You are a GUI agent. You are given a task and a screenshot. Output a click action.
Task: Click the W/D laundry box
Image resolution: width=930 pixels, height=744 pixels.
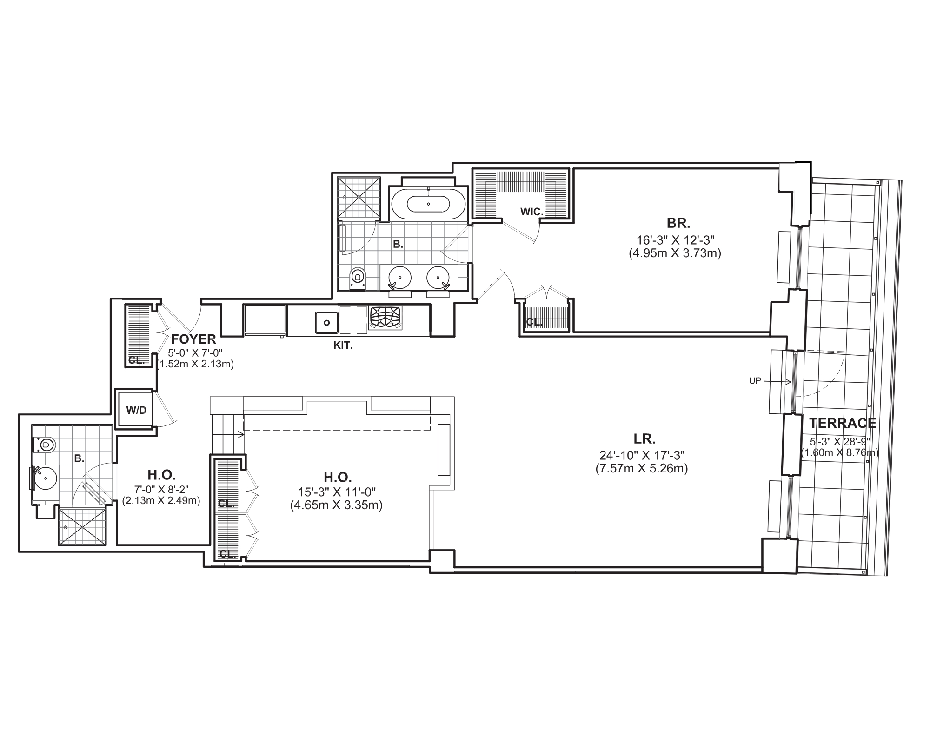pos(136,410)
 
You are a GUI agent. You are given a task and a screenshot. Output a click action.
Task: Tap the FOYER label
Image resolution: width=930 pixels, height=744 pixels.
pos(193,339)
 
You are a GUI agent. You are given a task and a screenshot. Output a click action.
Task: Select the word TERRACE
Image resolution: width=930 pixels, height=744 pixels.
pos(843,423)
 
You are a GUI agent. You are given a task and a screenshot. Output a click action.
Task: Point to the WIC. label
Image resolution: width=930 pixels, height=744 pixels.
pos(531,212)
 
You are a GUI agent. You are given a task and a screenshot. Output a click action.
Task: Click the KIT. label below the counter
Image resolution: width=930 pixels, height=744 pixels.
pos(343,346)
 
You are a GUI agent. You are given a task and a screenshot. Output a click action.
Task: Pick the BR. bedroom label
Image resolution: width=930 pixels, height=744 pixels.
pos(678,223)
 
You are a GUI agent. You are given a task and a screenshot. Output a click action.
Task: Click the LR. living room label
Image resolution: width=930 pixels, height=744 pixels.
pos(644,438)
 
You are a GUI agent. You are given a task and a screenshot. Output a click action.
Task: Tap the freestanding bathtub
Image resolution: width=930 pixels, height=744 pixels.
pos(428,204)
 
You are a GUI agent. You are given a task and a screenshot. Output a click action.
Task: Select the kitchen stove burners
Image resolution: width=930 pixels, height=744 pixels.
pos(385,317)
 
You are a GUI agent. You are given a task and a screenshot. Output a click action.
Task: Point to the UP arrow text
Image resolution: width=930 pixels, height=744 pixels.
pos(755,381)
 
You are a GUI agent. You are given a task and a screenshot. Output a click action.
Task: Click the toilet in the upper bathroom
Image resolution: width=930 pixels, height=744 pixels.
pos(357,278)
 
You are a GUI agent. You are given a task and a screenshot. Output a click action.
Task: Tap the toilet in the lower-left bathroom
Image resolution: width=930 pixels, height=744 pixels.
pos(46,445)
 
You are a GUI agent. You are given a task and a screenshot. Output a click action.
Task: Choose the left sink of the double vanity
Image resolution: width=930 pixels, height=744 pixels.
pos(399,278)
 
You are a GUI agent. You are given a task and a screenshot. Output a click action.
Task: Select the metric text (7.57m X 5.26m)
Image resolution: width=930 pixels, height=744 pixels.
pos(642,469)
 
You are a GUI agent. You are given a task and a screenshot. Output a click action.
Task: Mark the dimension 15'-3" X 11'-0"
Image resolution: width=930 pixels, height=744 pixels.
pos(337,491)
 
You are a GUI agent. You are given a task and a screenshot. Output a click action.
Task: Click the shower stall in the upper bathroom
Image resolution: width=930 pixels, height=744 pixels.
pos(359,197)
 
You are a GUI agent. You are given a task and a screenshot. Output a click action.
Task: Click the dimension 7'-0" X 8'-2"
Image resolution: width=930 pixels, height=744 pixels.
pos(161,489)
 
